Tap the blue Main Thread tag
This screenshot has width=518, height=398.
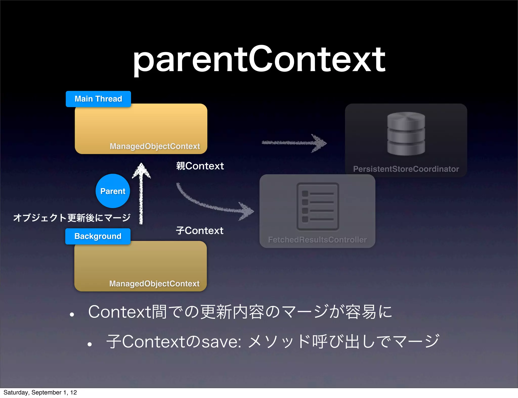[x=98, y=99]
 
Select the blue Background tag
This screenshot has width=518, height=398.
[x=98, y=236]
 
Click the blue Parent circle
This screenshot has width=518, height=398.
[x=113, y=191]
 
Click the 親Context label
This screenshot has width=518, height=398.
[x=200, y=166]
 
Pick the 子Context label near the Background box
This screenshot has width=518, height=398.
[x=200, y=231]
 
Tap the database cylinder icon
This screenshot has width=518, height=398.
[x=406, y=134]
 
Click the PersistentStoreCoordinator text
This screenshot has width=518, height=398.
[x=406, y=169]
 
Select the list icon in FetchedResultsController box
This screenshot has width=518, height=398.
[x=318, y=207]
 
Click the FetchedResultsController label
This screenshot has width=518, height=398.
[x=317, y=240]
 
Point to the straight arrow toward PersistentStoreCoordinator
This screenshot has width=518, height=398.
[x=293, y=143]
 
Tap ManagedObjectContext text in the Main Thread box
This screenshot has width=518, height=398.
[x=155, y=146]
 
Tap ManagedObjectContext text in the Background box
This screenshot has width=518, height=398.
[x=154, y=284]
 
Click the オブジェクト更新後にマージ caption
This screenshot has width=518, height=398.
[x=72, y=218]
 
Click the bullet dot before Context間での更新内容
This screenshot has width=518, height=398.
[x=72, y=314]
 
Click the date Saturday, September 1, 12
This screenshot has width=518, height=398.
[x=40, y=392]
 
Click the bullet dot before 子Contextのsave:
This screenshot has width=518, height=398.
[x=89, y=344]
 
